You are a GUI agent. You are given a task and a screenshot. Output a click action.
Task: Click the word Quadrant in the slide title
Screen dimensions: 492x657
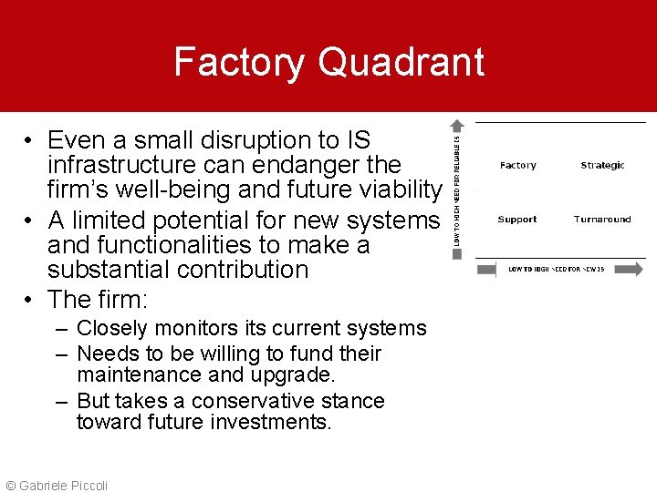pyautogui.click(x=401, y=62)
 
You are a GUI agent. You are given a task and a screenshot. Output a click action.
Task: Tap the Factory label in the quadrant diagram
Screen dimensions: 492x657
pyautogui.click(x=517, y=166)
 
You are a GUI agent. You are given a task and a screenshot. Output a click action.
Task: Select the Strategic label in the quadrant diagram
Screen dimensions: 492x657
pyautogui.click(x=602, y=166)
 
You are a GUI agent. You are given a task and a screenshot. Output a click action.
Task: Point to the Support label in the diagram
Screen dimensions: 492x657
pyautogui.click(x=517, y=220)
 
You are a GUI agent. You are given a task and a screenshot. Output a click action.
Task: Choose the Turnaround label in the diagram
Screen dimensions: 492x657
pyautogui.click(x=602, y=220)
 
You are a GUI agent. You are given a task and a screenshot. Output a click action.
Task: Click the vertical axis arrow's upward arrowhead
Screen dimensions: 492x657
pyautogui.click(x=458, y=126)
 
